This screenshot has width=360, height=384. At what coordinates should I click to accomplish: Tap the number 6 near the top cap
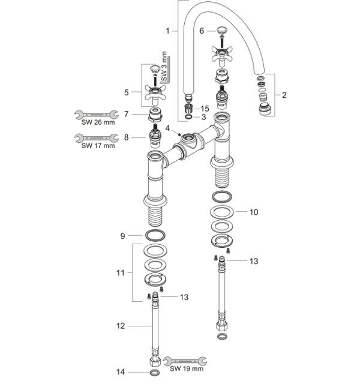202,31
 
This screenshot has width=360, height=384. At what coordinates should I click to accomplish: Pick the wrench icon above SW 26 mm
94,113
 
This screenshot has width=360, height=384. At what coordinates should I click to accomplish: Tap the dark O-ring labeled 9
154,235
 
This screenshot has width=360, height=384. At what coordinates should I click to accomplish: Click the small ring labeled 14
154,373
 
